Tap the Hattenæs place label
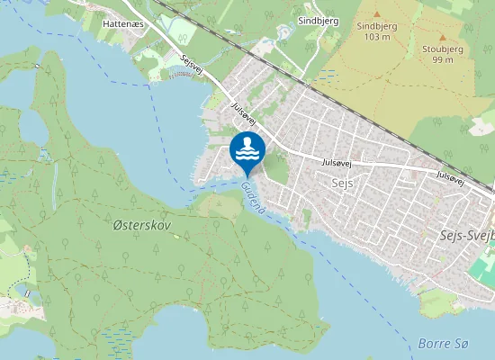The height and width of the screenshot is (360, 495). [x=123, y=25]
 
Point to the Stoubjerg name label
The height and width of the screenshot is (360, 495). [x=441, y=49]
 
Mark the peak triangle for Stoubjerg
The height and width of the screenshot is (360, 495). [x=441, y=37]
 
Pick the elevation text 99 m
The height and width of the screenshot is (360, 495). [x=441, y=59]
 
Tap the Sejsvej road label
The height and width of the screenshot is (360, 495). [x=193, y=67]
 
